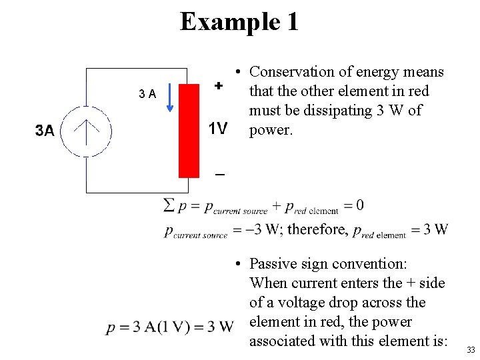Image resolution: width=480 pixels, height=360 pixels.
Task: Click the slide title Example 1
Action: click(x=239, y=22)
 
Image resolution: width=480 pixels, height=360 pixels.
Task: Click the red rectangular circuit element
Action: click(x=189, y=131)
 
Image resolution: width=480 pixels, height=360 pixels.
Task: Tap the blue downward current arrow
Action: click(x=171, y=97)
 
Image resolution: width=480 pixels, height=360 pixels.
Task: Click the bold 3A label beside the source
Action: click(x=45, y=131)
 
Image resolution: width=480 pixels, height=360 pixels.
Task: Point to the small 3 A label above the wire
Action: click(x=147, y=94)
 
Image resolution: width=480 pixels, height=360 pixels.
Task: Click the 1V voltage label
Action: click(x=218, y=129)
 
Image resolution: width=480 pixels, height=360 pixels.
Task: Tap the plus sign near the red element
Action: click(x=218, y=86)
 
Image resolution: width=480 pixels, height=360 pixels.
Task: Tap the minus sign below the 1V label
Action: click(x=219, y=175)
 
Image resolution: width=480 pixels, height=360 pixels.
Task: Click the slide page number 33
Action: click(x=471, y=351)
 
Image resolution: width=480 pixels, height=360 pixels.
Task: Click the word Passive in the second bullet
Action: click(x=274, y=264)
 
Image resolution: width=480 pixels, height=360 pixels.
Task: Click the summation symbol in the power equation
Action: click(x=169, y=205)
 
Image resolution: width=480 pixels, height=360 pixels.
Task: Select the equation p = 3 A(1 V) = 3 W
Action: click(x=170, y=327)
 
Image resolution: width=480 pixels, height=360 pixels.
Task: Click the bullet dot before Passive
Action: click(x=237, y=265)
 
